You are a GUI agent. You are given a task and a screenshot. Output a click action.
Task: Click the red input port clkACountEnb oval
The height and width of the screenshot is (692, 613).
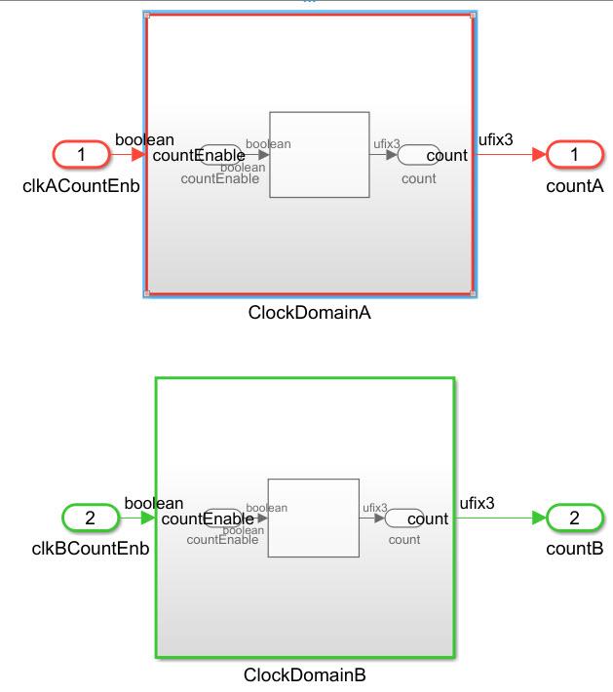tap(82, 154)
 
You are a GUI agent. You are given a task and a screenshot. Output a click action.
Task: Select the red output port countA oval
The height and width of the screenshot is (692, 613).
tap(575, 154)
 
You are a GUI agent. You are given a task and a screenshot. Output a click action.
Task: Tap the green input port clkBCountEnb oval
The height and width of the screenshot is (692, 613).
tap(91, 518)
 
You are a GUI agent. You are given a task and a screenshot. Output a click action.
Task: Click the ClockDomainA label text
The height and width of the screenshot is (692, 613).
tap(310, 314)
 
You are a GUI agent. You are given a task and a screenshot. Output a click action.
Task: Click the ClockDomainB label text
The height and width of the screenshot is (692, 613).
tap(305, 674)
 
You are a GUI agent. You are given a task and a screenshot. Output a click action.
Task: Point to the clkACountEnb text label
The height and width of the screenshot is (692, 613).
tap(82, 182)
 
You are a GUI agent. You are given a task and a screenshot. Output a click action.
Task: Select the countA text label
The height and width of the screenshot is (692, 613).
tap(575, 182)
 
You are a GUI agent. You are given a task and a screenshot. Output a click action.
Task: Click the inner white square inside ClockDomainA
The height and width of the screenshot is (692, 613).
tap(320, 154)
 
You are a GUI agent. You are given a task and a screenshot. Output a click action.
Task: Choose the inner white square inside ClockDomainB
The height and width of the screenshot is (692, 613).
tap(313, 518)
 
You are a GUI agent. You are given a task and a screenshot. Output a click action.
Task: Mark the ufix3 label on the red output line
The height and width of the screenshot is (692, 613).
tap(495, 139)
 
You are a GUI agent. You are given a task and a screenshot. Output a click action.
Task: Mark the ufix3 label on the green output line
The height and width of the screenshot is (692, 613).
tap(478, 503)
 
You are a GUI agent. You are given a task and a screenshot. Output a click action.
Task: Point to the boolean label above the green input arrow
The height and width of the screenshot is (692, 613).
tap(154, 503)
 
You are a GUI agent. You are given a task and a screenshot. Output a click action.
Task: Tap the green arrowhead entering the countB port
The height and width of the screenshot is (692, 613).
tap(538, 518)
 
